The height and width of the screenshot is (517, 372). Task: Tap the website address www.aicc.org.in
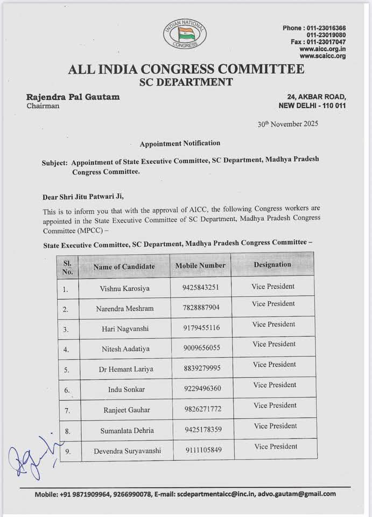point(322,49)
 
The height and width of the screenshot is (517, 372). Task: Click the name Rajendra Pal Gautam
point(73,97)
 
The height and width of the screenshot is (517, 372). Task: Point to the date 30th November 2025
point(287,124)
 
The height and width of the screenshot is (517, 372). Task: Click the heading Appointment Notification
point(180,143)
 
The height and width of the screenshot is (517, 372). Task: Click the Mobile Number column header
point(200,266)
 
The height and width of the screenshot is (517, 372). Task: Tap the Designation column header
point(272,264)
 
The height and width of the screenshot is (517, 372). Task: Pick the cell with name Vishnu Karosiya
point(124,288)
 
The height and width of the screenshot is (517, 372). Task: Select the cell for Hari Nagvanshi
point(124,329)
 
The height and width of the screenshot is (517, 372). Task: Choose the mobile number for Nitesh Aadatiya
point(201,348)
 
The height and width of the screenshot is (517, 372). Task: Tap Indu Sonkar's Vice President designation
point(274,385)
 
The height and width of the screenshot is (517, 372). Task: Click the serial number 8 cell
point(67,431)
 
